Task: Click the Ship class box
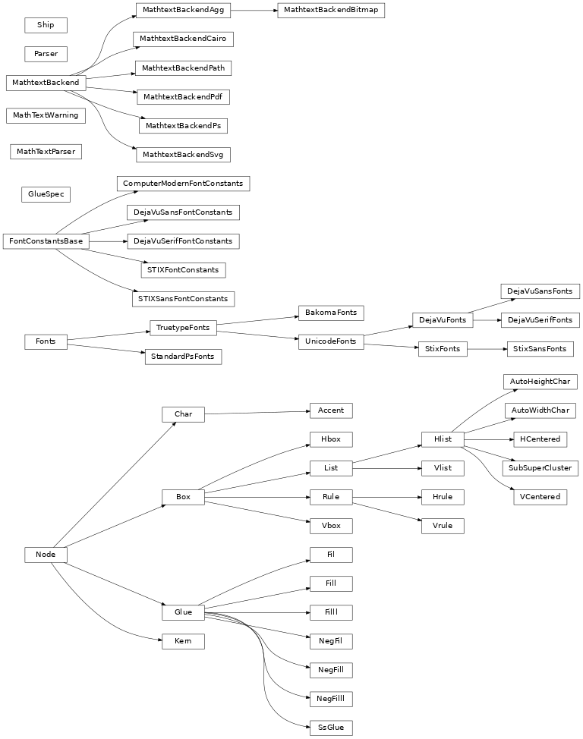coord(46,25)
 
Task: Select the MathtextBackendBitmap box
coord(331,11)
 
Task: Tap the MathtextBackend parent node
coord(46,82)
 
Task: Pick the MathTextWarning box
coord(46,115)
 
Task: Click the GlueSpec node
coord(46,194)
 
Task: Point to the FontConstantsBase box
coord(46,241)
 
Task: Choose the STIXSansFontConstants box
coord(183,298)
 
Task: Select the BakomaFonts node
coord(331,313)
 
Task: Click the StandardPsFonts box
coord(183,356)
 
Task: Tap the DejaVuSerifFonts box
coord(540,320)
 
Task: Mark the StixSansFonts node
coord(540,349)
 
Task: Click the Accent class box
coord(331,410)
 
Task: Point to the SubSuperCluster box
coord(540,467)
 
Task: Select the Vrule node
coord(443,526)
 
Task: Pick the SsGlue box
coord(331,728)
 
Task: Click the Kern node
coord(183,641)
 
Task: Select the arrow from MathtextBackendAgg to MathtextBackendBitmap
coord(254,11)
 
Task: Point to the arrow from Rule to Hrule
coord(387,497)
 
